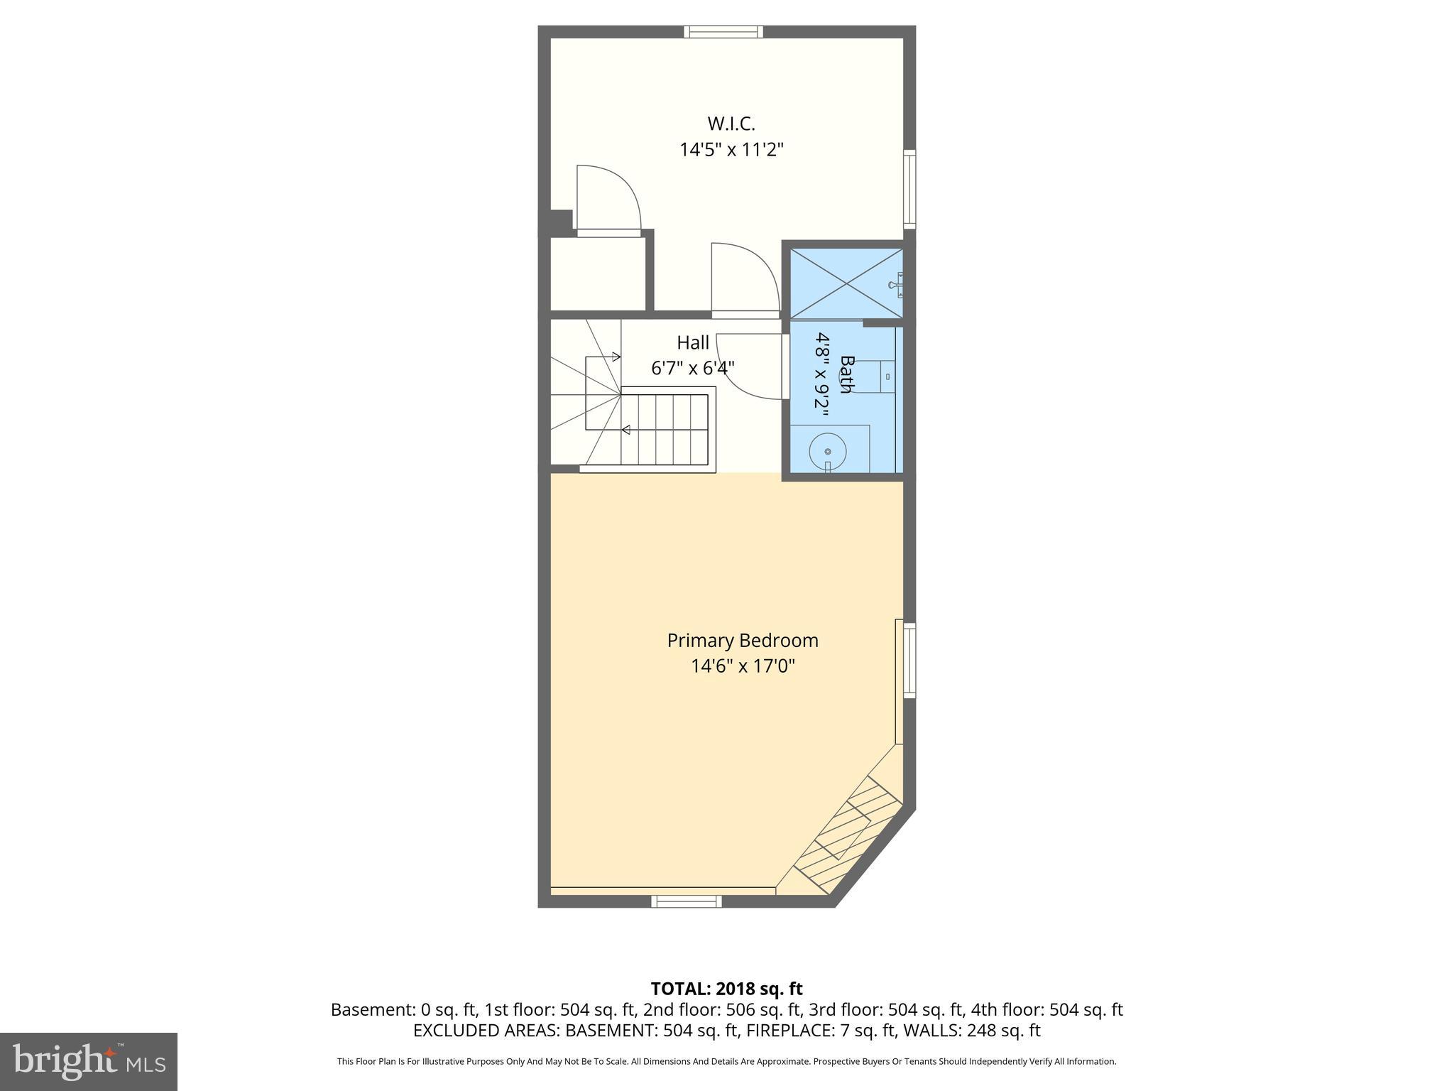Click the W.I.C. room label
pos(731,124)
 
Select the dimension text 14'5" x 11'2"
pos(731,150)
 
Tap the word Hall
pos(692,342)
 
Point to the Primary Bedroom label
pos(743,641)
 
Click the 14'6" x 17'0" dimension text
pos(743,666)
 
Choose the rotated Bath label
pos(846,374)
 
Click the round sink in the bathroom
pos(828,451)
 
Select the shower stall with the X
pos(846,283)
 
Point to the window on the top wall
pos(723,31)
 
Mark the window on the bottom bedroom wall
pos(687,901)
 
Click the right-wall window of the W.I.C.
pos(909,189)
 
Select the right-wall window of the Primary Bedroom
pos(909,661)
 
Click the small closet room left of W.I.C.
pos(598,274)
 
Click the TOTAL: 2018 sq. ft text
pos(726,989)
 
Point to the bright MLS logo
pos(89,1061)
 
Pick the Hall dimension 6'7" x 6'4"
pos(692,368)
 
